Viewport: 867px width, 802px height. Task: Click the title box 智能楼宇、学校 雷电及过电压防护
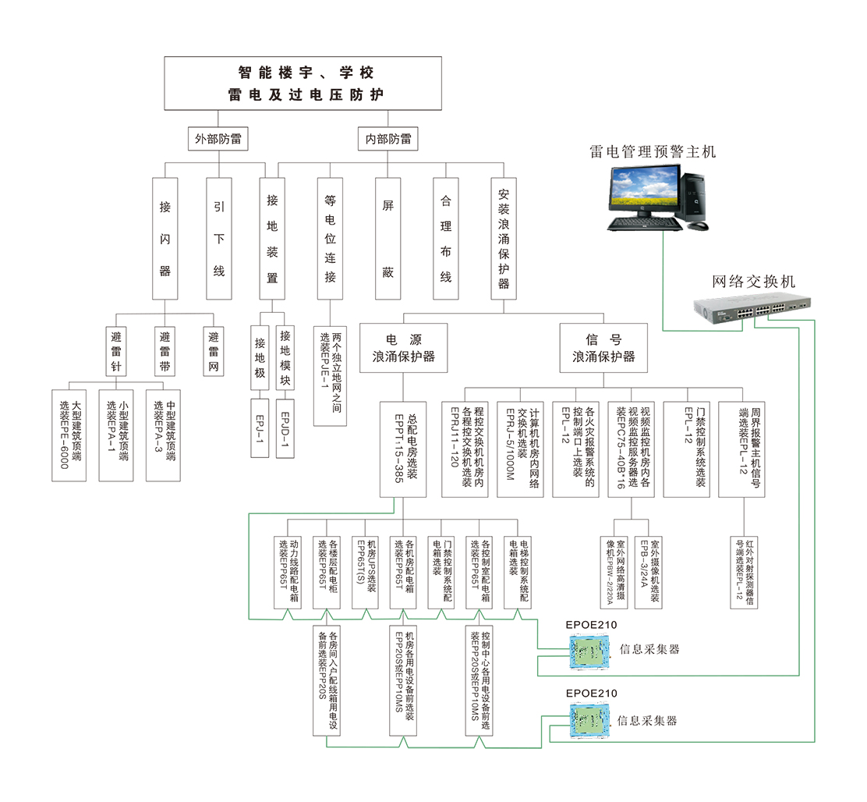[306, 83]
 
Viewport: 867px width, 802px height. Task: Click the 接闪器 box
[165, 239]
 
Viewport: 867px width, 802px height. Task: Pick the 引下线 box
[218, 239]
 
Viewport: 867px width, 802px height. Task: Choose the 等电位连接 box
[330, 239]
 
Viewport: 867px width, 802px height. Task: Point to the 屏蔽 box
[387, 239]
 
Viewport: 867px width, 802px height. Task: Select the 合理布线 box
[445, 239]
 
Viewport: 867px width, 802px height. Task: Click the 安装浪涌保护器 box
[503, 239]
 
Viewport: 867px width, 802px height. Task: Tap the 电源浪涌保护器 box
[402, 348]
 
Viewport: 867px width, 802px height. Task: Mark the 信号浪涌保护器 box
[603, 348]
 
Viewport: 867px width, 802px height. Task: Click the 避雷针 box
[116, 352]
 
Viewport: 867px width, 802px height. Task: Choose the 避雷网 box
[213, 352]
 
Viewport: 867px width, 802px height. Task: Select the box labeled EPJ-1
[261, 428]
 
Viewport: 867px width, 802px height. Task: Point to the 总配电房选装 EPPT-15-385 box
[404, 449]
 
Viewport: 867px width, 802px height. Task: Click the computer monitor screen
[638, 190]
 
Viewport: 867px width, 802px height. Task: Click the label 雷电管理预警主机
[652, 151]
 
